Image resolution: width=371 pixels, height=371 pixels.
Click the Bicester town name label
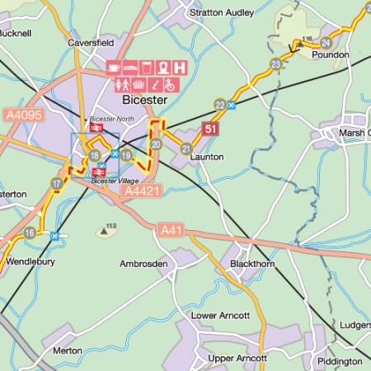[144, 100]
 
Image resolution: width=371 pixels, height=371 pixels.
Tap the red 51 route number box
[210, 128]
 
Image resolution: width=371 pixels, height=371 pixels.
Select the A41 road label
[170, 230]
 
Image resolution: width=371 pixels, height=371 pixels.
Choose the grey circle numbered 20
[156, 145]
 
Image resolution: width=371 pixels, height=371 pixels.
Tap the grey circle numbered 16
[30, 233]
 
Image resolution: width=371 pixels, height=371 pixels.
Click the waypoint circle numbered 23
[275, 64]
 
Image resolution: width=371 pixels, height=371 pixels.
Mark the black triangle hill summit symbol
[106, 232]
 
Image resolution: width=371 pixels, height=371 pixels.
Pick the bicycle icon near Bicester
[169, 84]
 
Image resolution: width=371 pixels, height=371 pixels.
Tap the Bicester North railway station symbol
[96, 128]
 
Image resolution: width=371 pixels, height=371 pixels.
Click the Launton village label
[207, 157]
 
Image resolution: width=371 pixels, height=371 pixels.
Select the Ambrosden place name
[144, 264]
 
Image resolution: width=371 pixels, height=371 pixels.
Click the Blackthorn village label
[251, 264]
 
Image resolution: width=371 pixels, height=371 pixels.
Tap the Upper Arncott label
[237, 359]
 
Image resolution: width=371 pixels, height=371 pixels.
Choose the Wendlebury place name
[30, 261]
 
